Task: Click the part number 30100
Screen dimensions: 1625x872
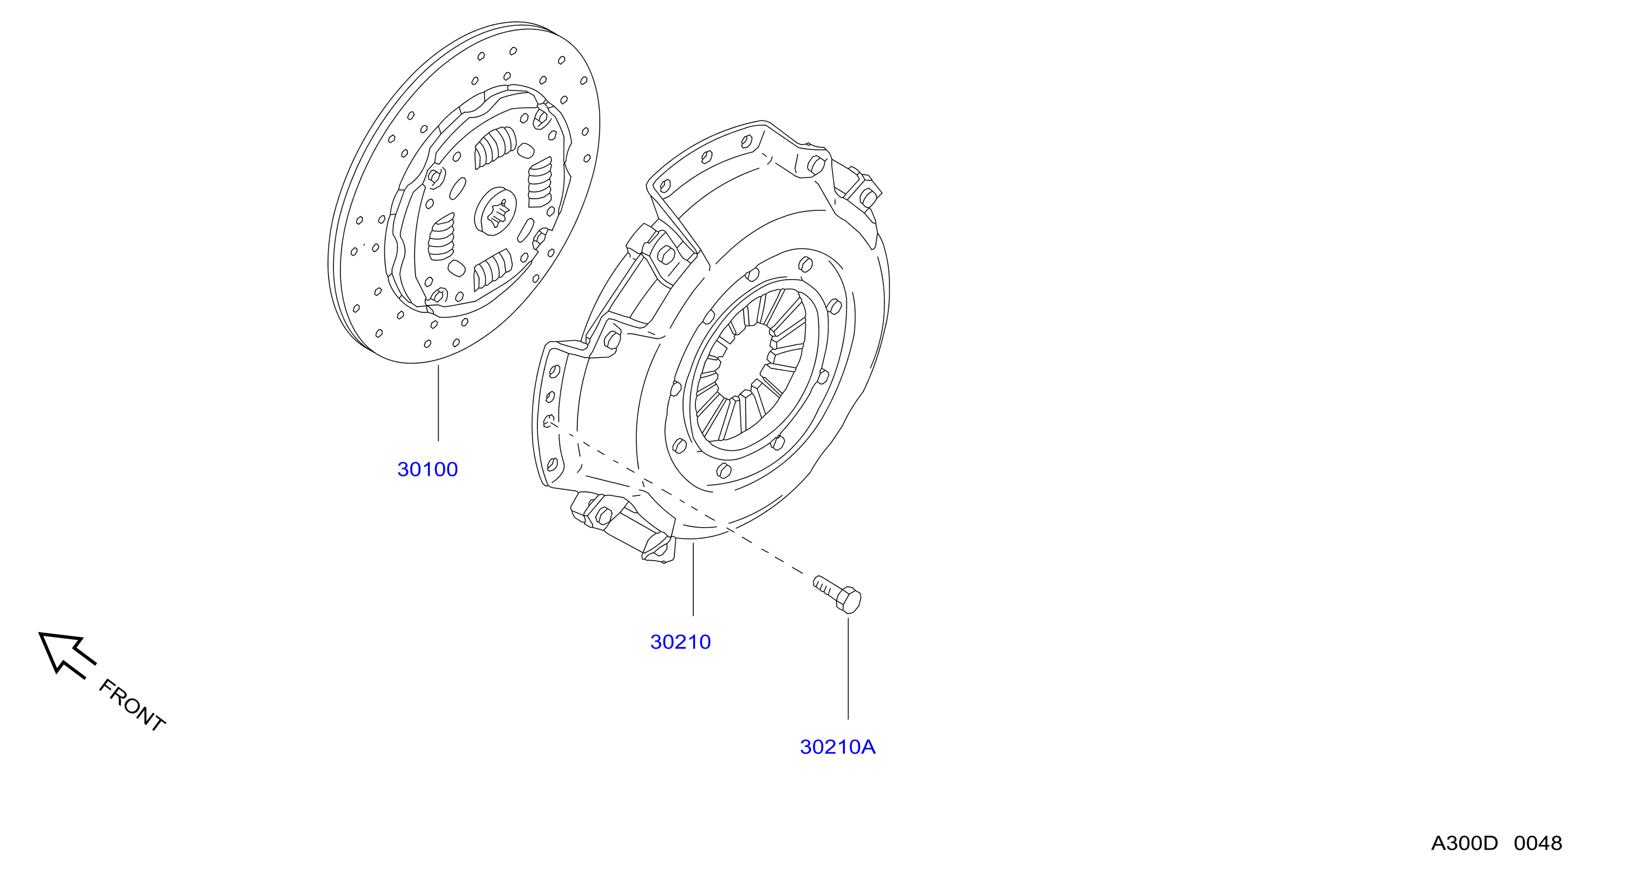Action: [x=427, y=469]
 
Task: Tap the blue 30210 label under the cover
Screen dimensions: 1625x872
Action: [x=680, y=642]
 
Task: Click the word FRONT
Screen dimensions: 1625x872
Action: [x=132, y=706]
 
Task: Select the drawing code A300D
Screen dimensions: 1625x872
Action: [x=1463, y=843]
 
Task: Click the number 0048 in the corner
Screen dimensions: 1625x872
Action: [x=1538, y=843]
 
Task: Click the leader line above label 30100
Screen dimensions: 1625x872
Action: [x=438, y=403]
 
